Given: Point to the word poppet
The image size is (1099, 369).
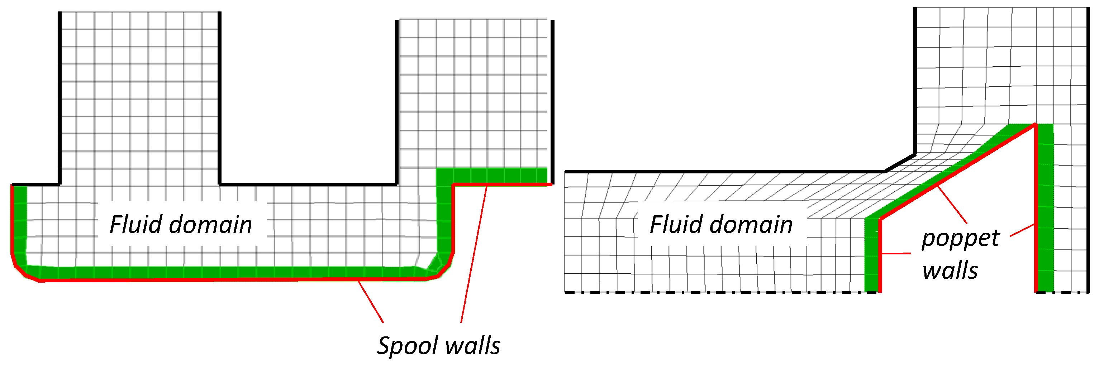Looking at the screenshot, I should [x=960, y=238].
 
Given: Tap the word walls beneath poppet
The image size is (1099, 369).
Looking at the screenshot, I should [x=950, y=271].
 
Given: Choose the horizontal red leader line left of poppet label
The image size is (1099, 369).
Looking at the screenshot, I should [x=896, y=253].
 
